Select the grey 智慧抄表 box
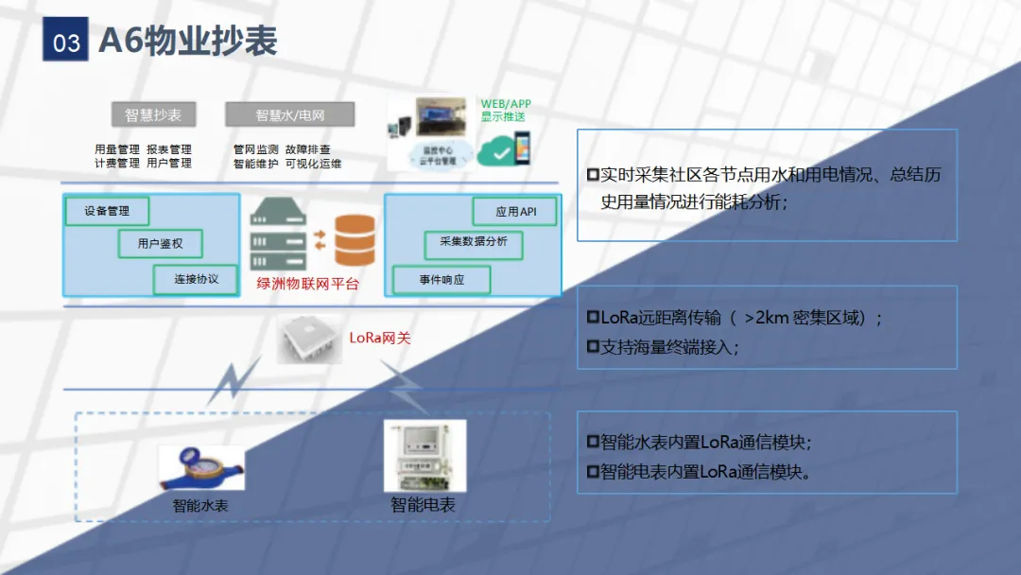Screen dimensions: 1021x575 pyautogui.click(x=153, y=115)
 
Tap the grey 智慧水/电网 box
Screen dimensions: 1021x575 pyautogui.click(x=289, y=115)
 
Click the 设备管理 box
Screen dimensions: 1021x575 pyautogui.click(x=107, y=211)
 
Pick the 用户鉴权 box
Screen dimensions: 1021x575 pyautogui.click(x=160, y=244)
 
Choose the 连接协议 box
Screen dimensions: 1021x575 pyautogui.click(x=196, y=279)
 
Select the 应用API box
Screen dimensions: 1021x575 pyautogui.click(x=514, y=212)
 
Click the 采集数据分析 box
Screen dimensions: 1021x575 pyautogui.click(x=473, y=243)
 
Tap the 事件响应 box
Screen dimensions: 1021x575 pyautogui.click(x=441, y=280)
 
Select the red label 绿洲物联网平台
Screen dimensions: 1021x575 pyautogui.click(x=307, y=283)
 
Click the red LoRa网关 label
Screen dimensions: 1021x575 pyautogui.click(x=380, y=338)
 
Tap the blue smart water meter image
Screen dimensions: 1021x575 pyautogui.click(x=200, y=467)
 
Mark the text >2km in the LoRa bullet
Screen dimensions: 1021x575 pyautogui.click(x=769, y=318)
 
